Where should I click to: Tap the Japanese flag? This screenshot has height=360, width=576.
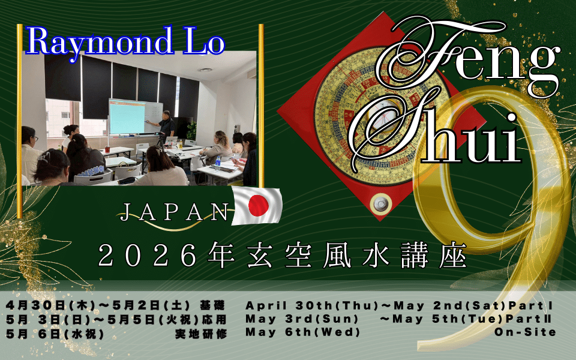[x=257, y=205]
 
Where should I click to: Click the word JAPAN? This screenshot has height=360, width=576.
[x=174, y=212]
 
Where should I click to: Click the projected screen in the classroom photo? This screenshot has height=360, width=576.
[x=127, y=117]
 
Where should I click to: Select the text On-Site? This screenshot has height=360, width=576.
[x=526, y=332]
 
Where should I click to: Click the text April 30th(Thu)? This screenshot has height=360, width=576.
[x=312, y=305]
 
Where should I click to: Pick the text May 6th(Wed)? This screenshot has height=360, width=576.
[x=303, y=332]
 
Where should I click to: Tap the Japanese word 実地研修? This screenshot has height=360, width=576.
[x=201, y=334]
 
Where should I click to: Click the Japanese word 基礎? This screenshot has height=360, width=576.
[x=212, y=305]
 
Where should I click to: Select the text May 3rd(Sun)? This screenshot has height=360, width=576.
[x=302, y=319]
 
